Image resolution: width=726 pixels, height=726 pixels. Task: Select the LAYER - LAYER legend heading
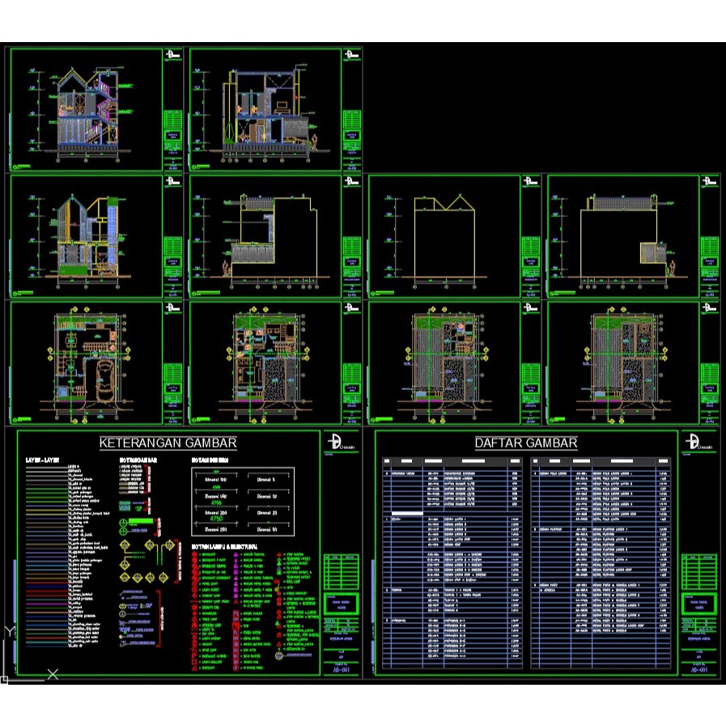click(x=44, y=460)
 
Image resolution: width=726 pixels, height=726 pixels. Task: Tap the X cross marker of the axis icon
click(x=53, y=673)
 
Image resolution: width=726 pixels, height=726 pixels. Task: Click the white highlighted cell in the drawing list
click(x=407, y=512)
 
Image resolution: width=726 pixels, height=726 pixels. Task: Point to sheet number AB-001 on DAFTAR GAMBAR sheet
click(x=698, y=670)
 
